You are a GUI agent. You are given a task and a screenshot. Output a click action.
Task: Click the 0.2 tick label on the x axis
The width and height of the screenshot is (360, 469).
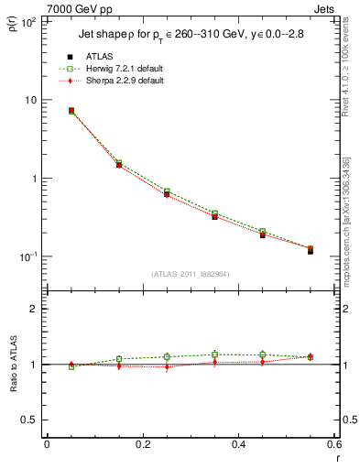[x=142, y=444]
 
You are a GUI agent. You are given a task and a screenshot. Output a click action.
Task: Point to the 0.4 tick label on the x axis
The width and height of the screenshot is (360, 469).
[x=238, y=444]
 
